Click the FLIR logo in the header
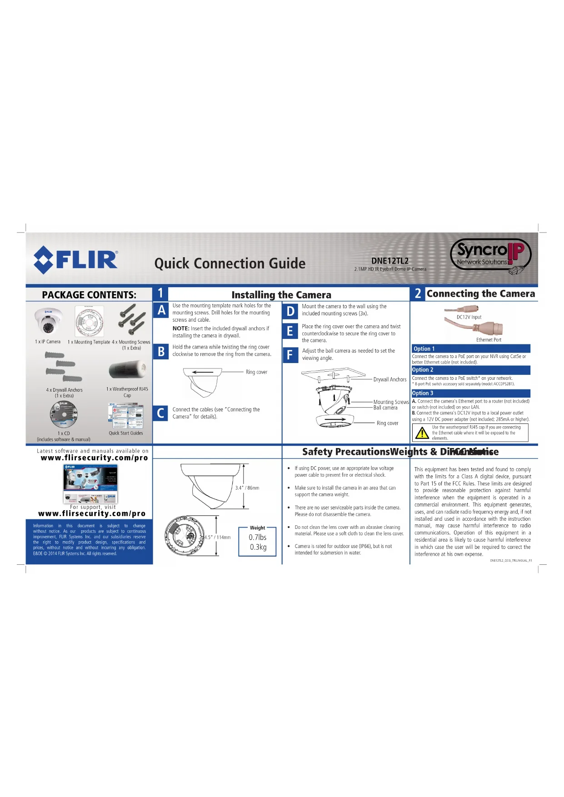click(76, 259)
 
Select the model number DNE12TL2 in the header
click(389, 261)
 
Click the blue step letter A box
click(161, 310)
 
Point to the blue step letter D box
click(290, 311)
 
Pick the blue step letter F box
click(290, 354)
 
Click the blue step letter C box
click(160, 413)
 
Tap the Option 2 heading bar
click(470, 370)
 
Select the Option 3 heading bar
click(470, 393)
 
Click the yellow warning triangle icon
click(422, 433)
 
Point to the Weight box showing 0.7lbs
click(258, 541)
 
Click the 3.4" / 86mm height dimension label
click(247, 488)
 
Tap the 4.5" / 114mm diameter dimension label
click(218, 537)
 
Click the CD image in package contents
click(64, 415)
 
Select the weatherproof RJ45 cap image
click(127, 370)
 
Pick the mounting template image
click(90, 321)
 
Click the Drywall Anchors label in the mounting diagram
click(390, 379)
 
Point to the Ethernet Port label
click(489, 340)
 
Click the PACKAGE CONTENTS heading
click(89, 295)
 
